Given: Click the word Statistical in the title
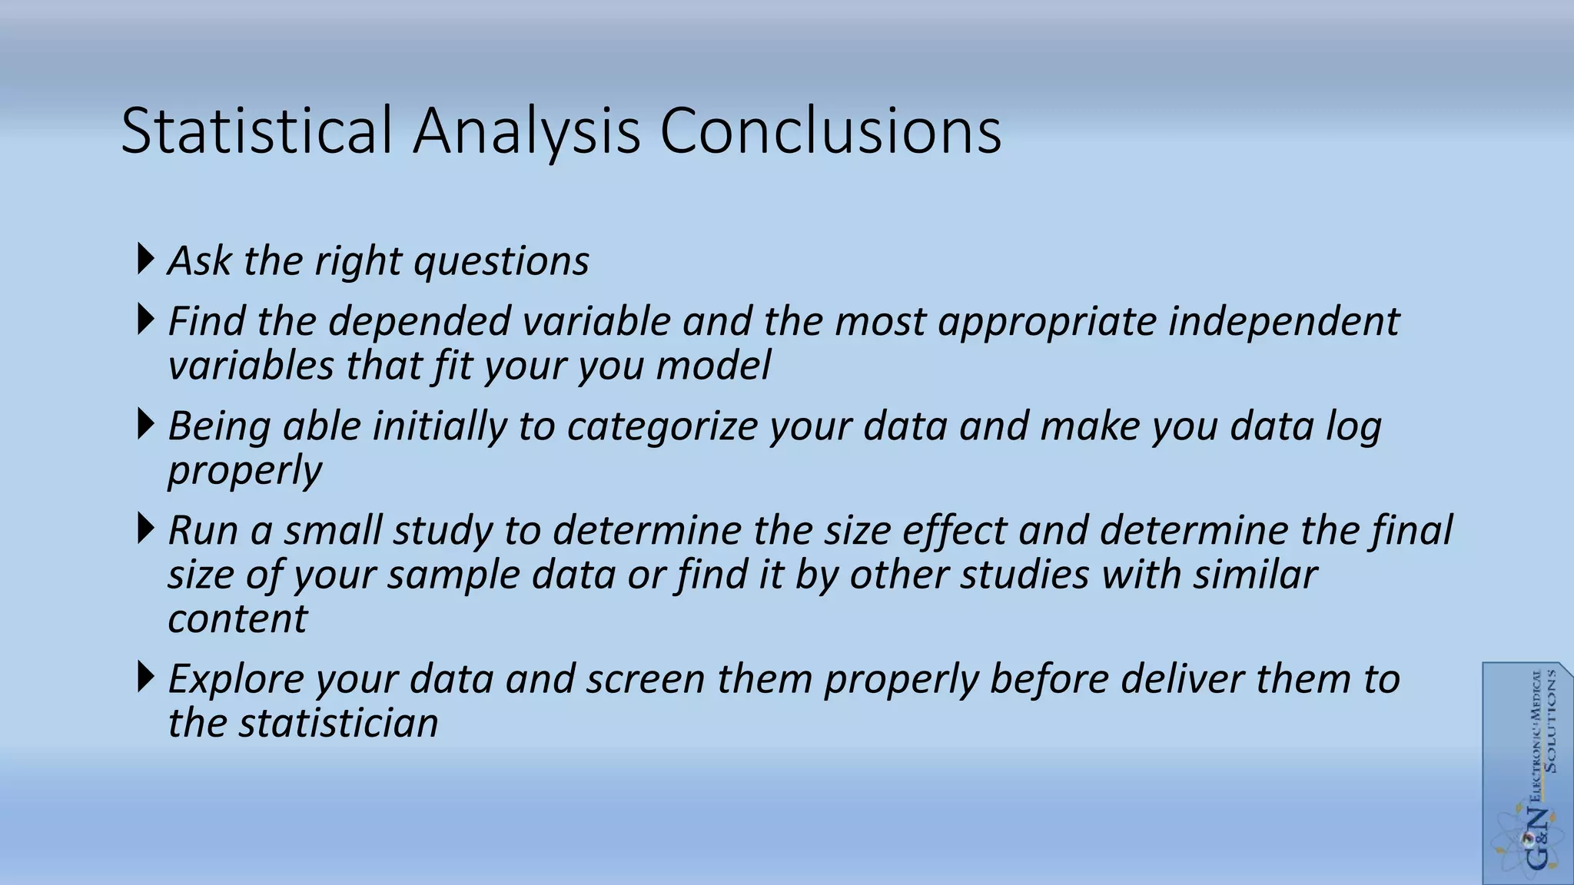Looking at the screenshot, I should click(x=257, y=131).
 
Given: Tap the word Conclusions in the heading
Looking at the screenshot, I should click(x=830, y=131).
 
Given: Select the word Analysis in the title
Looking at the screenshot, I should click(x=526, y=132).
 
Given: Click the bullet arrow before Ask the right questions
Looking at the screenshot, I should click(x=144, y=259).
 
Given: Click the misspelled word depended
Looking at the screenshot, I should click(x=420, y=321).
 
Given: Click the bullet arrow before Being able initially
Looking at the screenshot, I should click(x=144, y=425).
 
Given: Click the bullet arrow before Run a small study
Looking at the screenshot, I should click(x=144, y=529).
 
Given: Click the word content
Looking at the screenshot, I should click(x=237, y=619).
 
